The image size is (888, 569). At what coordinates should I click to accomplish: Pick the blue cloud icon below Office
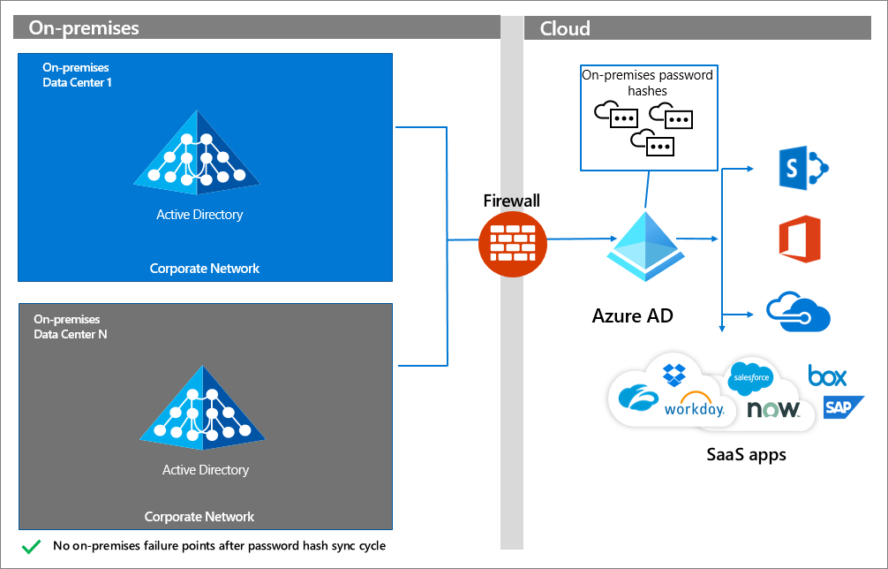click(798, 312)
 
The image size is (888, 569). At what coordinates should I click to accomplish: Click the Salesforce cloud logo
click(751, 377)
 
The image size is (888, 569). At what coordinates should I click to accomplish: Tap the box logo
click(827, 376)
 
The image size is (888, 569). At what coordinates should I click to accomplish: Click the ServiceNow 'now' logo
click(773, 409)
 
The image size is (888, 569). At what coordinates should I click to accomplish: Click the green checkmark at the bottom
click(32, 546)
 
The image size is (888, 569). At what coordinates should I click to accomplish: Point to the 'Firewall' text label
click(511, 201)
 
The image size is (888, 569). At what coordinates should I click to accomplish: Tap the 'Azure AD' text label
click(632, 315)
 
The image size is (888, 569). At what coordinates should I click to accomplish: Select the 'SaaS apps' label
click(746, 455)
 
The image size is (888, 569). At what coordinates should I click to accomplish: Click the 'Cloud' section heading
click(565, 28)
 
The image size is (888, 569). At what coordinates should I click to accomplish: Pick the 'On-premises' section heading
click(84, 28)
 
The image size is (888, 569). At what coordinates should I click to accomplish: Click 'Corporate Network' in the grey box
click(199, 517)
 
